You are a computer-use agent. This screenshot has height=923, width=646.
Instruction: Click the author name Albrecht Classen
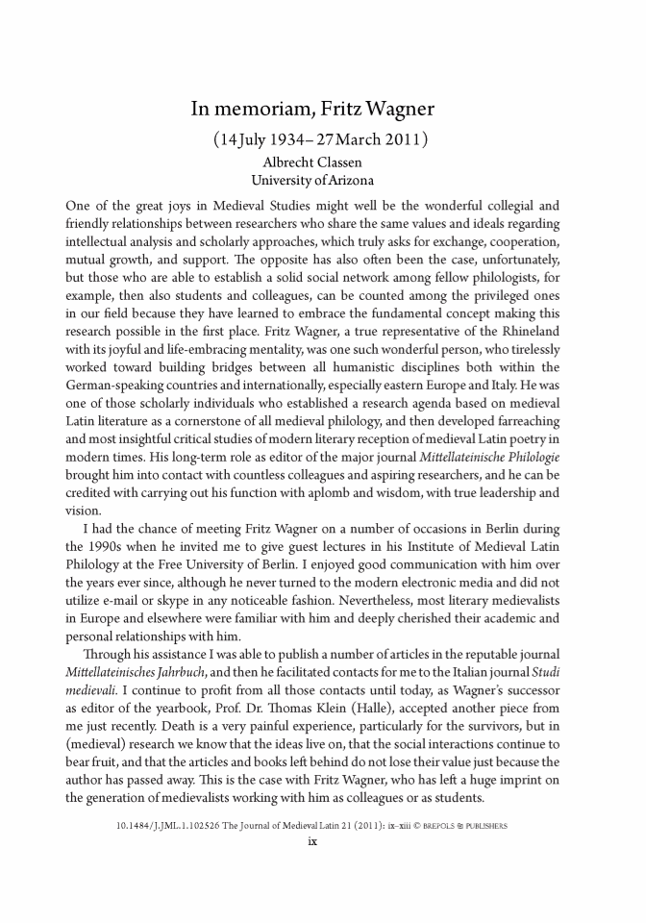[x=323, y=163]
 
